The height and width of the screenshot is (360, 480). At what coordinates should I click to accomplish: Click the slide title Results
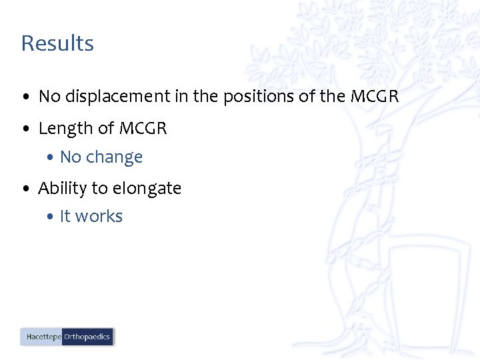pyautogui.click(x=57, y=43)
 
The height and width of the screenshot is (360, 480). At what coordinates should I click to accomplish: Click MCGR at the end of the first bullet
pyautogui.click(x=374, y=97)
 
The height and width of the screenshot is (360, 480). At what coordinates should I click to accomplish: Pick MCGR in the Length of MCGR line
pyautogui.click(x=143, y=128)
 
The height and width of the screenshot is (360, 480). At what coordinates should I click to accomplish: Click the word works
pyautogui.click(x=99, y=217)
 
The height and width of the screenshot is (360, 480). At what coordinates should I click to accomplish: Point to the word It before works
pyautogui.click(x=65, y=217)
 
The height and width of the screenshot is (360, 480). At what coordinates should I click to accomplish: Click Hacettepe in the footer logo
pyautogui.click(x=43, y=337)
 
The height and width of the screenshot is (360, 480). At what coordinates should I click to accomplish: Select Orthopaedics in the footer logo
pyautogui.click(x=87, y=337)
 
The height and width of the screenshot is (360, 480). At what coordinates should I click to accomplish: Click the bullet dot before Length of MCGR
pyautogui.click(x=25, y=129)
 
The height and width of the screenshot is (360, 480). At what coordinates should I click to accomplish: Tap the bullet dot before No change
pyautogui.click(x=51, y=158)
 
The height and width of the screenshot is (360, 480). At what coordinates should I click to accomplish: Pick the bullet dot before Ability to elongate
pyautogui.click(x=25, y=189)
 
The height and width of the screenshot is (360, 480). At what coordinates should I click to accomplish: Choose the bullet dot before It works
pyautogui.click(x=51, y=217)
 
